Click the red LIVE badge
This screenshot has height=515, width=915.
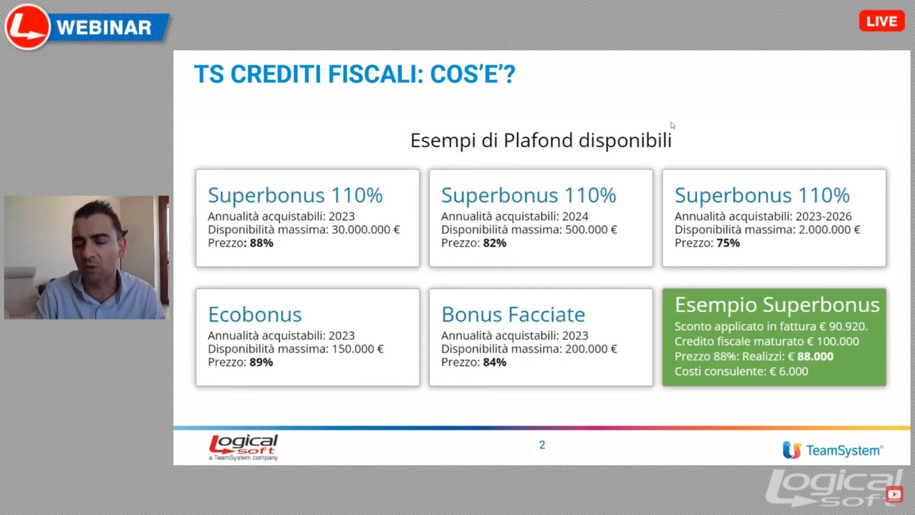point(882,21)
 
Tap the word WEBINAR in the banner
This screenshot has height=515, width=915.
point(104,28)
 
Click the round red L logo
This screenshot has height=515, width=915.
point(28,27)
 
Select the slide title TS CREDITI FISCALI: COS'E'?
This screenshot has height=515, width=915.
point(354,74)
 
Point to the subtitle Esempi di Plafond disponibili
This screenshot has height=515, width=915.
point(541,140)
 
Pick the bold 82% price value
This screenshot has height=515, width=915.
point(494,243)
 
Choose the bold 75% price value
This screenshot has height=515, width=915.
point(728,243)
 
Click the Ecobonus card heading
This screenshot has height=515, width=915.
point(255,315)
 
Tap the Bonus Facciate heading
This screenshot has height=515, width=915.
point(513,315)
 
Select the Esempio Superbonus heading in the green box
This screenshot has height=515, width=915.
point(777,305)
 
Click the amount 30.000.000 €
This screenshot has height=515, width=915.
point(366,230)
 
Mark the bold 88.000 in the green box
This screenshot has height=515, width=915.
point(815,357)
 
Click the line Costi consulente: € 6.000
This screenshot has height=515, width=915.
point(741,371)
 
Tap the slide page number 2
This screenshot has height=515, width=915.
point(542,445)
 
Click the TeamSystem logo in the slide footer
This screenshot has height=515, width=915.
point(833,450)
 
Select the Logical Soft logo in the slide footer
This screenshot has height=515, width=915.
point(243,447)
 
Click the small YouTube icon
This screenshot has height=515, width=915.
point(894,494)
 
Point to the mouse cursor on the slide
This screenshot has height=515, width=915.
point(672,125)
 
